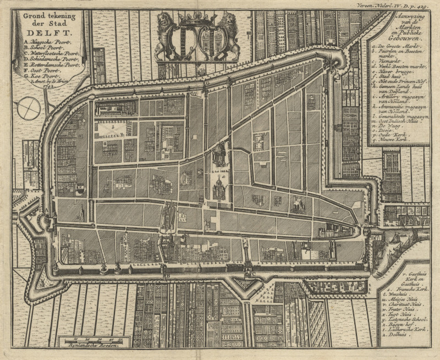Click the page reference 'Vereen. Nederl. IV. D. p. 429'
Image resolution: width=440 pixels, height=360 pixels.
(401, 5)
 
